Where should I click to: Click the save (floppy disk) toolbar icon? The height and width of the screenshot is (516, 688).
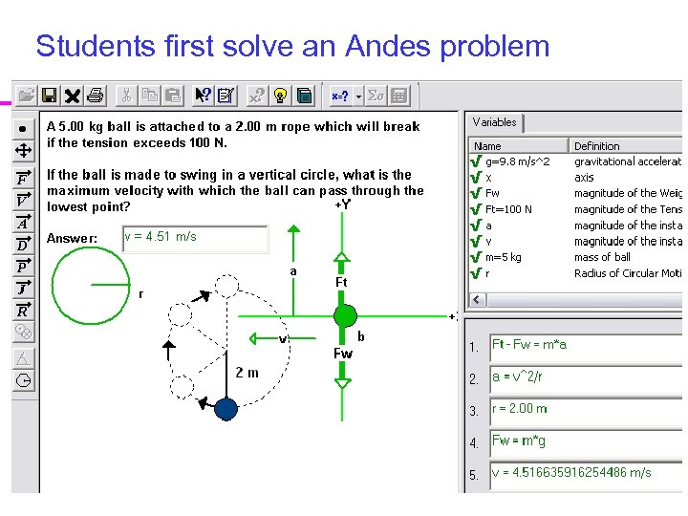tap(49, 95)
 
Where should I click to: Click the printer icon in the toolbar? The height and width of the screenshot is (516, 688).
tap(95, 95)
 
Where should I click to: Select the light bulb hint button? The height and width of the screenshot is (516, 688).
tap(280, 95)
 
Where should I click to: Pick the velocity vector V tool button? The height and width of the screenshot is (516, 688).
tap(22, 200)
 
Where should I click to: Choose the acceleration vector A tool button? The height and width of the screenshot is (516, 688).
tap(22, 222)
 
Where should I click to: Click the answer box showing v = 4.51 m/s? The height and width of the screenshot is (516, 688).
tap(195, 238)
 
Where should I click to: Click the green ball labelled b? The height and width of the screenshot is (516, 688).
tap(345, 315)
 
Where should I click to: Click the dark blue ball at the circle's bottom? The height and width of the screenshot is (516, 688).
tap(226, 409)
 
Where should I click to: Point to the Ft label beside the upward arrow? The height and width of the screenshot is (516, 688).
tap(341, 283)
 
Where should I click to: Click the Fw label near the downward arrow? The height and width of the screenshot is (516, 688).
tap(342, 354)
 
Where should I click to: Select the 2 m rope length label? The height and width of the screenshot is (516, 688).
tap(247, 373)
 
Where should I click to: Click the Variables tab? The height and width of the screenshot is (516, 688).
tap(494, 122)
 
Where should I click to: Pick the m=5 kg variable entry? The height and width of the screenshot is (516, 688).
tap(504, 257)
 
